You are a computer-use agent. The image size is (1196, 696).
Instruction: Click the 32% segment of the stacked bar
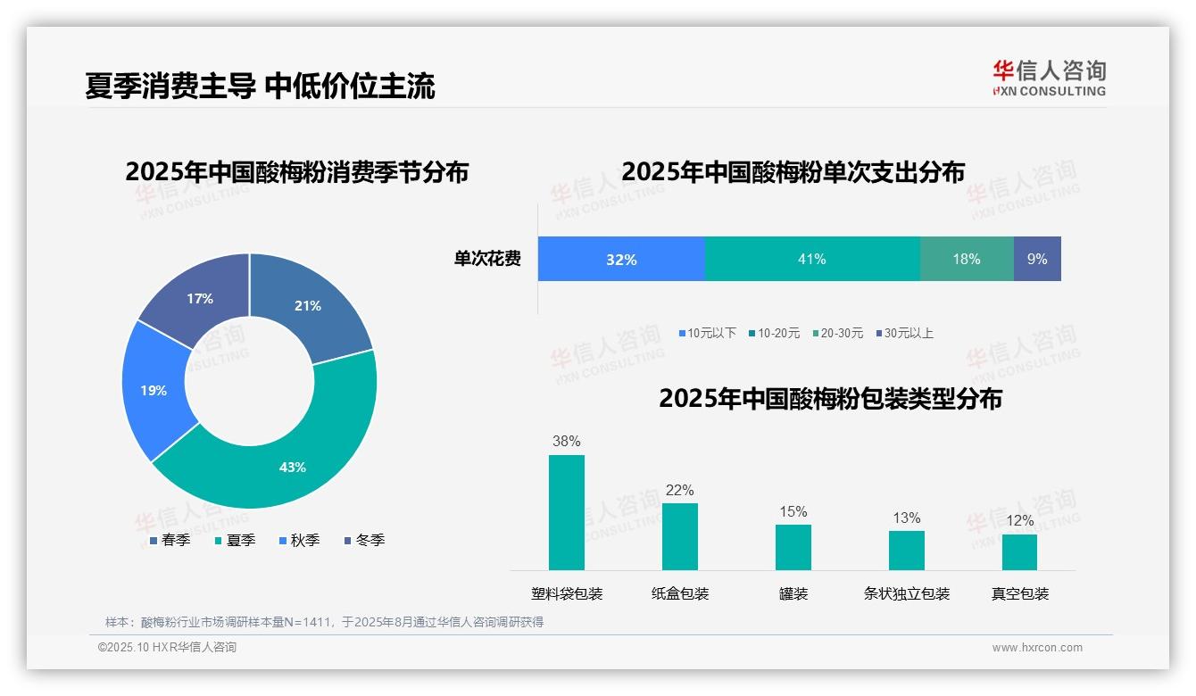pos(621,259)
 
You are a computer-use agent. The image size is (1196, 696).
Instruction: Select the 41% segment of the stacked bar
pos(812,259)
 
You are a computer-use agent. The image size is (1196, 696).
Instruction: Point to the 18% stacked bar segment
pos(967,259)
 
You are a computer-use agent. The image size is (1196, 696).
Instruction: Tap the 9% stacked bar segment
pos(1037,259)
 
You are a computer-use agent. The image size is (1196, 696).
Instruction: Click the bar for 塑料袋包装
pos(567,512)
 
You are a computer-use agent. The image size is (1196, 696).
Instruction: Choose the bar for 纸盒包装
pos(680,536)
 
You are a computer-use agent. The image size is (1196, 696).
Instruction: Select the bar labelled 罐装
pos(793,547)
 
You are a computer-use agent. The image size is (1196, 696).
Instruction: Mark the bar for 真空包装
pos(1019,551)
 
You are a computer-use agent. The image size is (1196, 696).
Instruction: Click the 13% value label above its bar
pos(906,518)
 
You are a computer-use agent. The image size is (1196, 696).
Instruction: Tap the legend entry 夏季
pos(237,540)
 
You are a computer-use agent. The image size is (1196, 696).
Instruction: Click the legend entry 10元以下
pos(708,333)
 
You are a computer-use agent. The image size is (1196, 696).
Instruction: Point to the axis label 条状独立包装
pos(906,593)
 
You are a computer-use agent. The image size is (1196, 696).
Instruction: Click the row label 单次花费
pos(487,259)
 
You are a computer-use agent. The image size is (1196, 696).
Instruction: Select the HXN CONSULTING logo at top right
pos(1049,78)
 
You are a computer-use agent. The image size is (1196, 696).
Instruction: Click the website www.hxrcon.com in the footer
pos(1037,648)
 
